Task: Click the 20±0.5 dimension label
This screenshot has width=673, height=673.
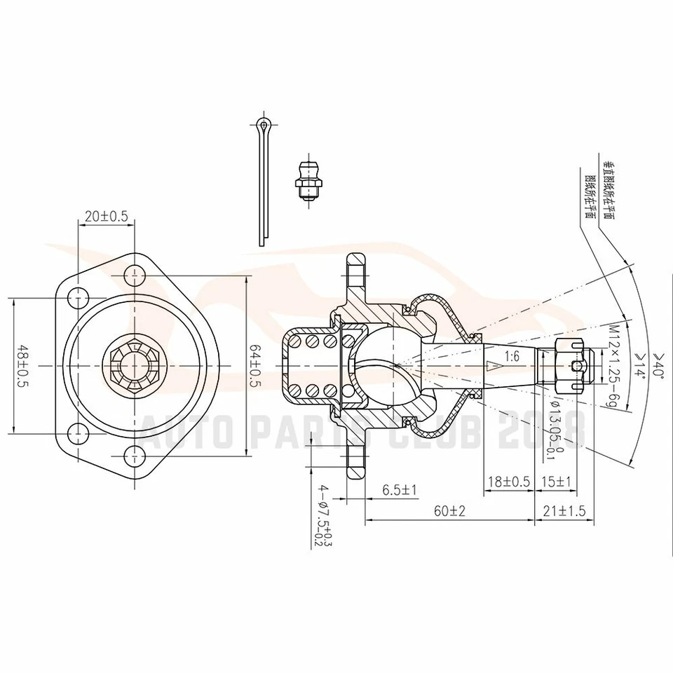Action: pyautogui.click(x=106, y=217)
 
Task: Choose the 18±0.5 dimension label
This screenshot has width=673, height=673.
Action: pyautogui.click(x=509, y=482)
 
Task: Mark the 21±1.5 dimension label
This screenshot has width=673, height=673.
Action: pyautogui.click(x=564, y=511)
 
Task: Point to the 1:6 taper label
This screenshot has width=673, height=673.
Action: pyautogui.click(x=511, y=356)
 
